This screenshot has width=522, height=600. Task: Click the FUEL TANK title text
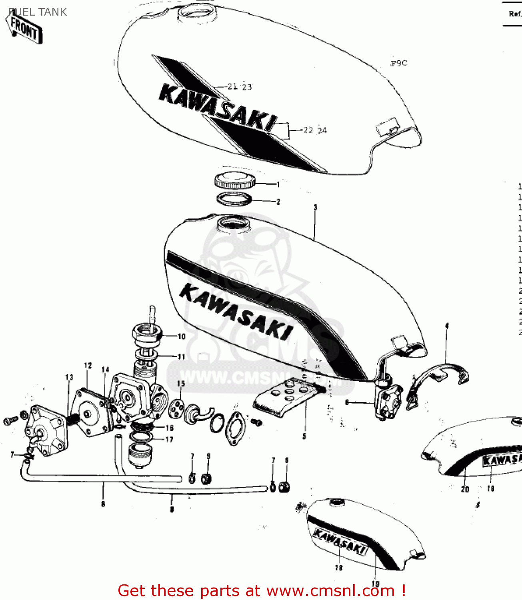click(38, 12)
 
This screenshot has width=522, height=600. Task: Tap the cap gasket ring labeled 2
click(234, 198)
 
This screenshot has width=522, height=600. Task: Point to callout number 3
click(315, 207)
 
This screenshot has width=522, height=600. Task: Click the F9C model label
click(398, 63)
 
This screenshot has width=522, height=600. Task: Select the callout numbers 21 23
click(240, 86)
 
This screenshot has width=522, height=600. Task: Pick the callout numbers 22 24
click(315, 130)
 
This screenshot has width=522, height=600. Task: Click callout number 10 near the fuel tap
click(181, 336)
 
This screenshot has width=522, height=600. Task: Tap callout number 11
click(181, 356)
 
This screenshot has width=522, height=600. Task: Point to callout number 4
click(447, 326)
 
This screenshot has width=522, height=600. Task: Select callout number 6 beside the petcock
click(347, 402)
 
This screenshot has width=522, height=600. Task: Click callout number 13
click(69, 377)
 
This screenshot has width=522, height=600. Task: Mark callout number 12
click(88, 365)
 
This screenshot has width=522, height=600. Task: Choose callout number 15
click(181, 384)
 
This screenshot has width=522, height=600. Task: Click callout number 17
click(169, 440)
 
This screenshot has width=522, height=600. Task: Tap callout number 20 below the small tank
click(465, 489)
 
